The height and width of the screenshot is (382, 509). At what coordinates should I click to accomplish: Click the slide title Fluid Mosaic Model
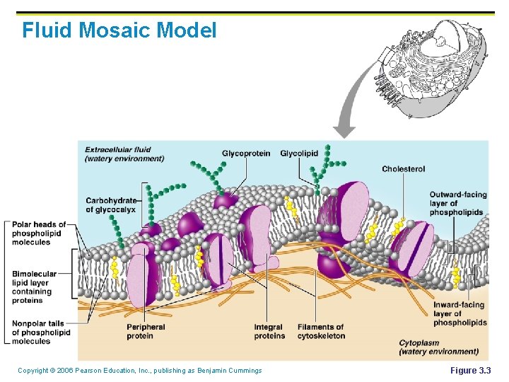point(119,30)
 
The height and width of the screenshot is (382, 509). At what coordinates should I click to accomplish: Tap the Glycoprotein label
point(245,154)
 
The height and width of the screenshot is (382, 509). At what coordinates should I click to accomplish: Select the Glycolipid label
point(299,154)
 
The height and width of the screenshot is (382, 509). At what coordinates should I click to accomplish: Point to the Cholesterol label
point(403,169)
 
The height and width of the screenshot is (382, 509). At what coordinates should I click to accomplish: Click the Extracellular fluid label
point(124,154)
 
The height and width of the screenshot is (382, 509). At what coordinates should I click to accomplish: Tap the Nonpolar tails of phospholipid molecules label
point(40,332)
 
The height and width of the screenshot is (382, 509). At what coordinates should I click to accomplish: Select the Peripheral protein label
point(146,331)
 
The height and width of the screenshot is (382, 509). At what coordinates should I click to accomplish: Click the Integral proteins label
point(269,331)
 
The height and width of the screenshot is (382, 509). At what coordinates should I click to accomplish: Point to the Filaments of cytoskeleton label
point(321,331)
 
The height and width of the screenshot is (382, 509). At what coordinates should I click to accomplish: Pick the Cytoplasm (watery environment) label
point(438,347)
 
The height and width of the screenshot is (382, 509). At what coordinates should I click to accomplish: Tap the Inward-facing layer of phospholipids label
point(460,314)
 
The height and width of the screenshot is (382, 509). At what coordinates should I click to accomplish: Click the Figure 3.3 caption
point(470,371)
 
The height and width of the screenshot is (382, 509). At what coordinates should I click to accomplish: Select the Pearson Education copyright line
point(139,371)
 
